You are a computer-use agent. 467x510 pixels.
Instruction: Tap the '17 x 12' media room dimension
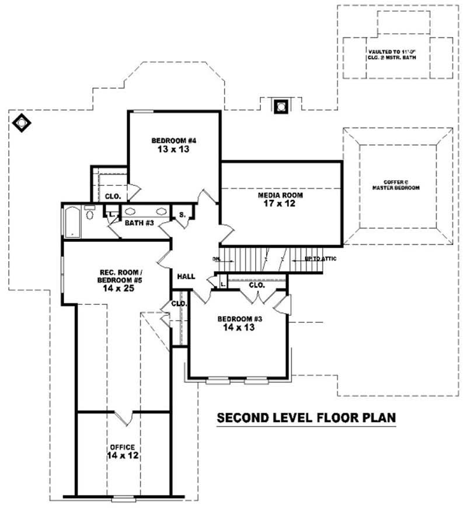click(281, 205)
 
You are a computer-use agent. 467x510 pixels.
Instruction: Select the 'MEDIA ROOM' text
click(281, 195)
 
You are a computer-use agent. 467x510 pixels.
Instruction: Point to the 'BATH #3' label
click(139, 223)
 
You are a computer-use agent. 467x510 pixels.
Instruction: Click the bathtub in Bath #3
click(72, 221)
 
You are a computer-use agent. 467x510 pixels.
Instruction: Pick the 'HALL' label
click(186, 276)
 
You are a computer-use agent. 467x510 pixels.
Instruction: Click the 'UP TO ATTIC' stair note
click(320, 258)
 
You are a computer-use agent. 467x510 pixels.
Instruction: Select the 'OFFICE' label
click(122, 447)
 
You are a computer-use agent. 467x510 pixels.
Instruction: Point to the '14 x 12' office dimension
click(122, 456)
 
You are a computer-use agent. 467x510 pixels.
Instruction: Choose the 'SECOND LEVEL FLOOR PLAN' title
click(306, 418)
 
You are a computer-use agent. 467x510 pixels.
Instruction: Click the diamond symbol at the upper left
click(22, 123)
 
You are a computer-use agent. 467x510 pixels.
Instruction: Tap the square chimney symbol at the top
click(281, 106)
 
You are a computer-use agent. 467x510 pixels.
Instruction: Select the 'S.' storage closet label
click(182, 215)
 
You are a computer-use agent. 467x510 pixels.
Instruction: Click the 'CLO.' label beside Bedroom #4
click(112, 196)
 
